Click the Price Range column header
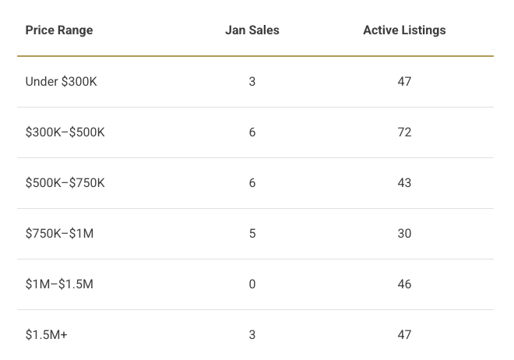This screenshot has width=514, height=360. coord(59,30)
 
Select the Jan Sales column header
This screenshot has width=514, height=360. coord(252,30)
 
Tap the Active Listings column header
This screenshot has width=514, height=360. coord(404,30)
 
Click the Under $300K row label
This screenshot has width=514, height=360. coord(62,82)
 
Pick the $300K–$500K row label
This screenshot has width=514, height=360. coord(65,132)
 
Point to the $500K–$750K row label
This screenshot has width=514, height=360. coord(65,183)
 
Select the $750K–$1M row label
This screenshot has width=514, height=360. coord(59,234)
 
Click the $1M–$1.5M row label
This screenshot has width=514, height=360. coord(59,284)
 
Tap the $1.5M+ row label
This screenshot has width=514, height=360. coord(46,335)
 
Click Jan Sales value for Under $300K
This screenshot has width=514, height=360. coord(252,82)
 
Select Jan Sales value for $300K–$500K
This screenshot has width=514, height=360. coord(252,132)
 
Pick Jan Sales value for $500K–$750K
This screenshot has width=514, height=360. coord(252,183)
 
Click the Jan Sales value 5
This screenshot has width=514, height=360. coord(252,234)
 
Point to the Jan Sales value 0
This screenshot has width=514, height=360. coord(252,284)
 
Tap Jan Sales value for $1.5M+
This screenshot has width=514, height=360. coord(252,335)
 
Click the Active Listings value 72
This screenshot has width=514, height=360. coord(404,132)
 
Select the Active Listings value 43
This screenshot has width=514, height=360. coord(404,183)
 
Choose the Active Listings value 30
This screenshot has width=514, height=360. coord(404,234)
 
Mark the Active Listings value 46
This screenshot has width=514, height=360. coord(404,284)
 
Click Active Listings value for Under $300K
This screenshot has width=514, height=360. coord(404,82)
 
